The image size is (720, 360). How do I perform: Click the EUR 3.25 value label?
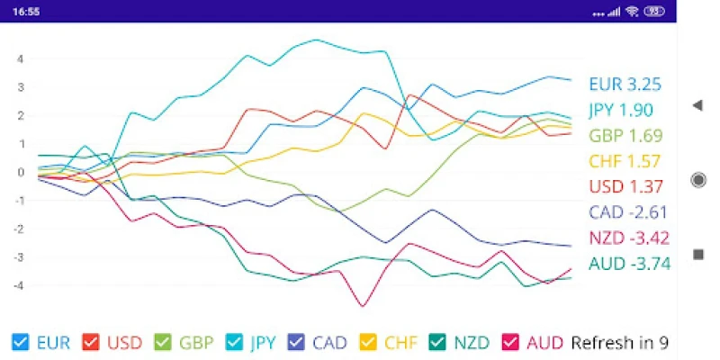pos(625,85)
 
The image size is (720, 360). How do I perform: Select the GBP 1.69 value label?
pos(625,136)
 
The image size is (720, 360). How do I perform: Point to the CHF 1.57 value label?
pos(625,162)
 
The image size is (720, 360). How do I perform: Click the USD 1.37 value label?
pos(625,187)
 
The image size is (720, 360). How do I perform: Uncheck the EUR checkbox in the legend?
pos(20,342)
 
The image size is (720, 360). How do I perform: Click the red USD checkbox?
pos(90,342)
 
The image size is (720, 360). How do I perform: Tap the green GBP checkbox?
pos(162,342)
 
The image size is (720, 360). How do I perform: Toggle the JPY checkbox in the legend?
pos(233,342)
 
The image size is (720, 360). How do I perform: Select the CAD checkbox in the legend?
pos(296,342)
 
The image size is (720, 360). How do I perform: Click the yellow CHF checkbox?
pos(367,342)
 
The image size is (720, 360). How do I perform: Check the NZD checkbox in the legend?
pos(437,342)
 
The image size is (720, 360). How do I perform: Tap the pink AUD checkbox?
pos(509,342)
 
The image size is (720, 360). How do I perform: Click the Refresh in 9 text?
pos(619,342)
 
